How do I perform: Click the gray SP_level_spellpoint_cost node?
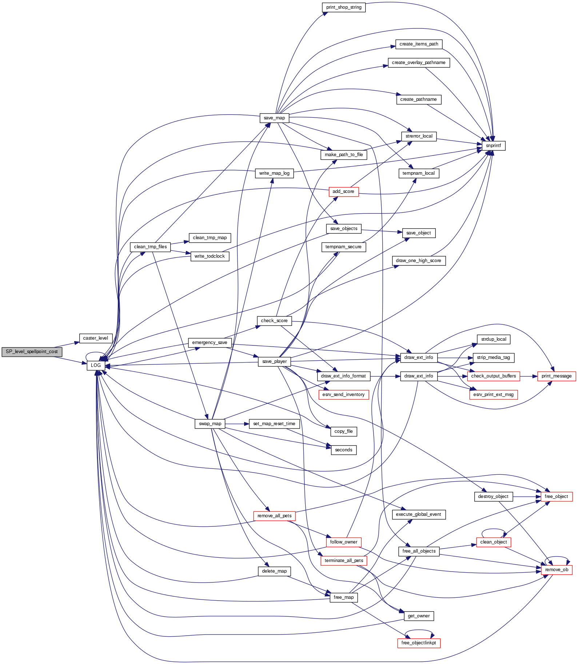(32, 352)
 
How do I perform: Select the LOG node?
(96, 365)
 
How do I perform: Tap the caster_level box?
(96, 338)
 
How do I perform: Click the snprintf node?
(493, 146)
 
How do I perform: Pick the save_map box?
(274, 118)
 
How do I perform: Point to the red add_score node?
(343, 191)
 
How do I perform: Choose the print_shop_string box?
(344, 7)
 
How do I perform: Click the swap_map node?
(210, 424)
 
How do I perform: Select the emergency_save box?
(210, 343)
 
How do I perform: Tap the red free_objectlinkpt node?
(419, 643)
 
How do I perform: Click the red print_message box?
(557, 376)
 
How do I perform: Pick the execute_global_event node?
(419, 514)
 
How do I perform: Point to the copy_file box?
(343, 431)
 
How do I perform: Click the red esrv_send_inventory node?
(343, 395)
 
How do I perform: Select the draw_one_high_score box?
(419, 261)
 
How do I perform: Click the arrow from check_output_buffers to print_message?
(529, 376)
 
